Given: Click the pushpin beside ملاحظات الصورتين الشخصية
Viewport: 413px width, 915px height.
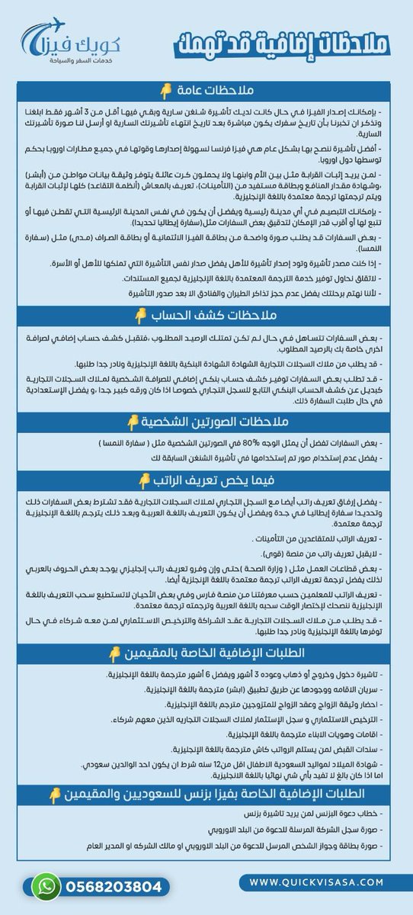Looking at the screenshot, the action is click(133, 422).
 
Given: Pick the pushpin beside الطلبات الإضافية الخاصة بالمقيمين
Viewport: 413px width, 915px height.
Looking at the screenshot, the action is click(114, 653).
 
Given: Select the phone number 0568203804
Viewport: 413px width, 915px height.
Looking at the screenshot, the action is click(113, 888).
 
